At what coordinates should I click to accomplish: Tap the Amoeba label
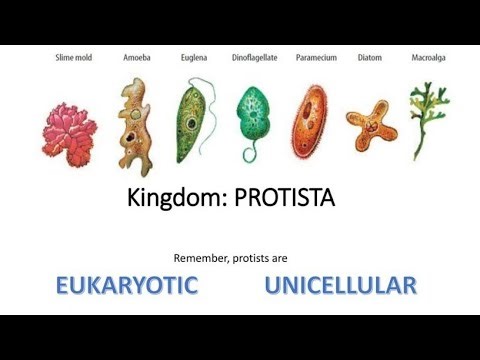(x=136, y=58)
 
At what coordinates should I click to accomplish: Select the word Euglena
(x=195, y=58)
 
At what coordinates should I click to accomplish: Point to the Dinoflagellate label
(x=254, y=58)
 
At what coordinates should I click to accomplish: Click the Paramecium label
(x=315, y=58)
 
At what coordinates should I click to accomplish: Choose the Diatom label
(x=371, y=58)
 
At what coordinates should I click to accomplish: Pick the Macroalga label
(x=429, y=58)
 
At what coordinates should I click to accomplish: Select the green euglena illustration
(x=193, y=122)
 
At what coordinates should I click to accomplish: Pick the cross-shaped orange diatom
(x=368, y=125)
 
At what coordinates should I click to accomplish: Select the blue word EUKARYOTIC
(x=126, y=286)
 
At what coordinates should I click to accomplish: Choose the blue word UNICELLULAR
(x=340, y=286)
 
